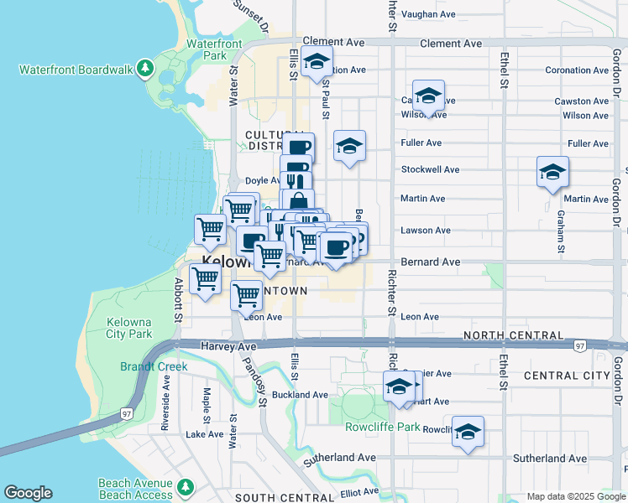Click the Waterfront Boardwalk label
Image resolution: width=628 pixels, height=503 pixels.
76,70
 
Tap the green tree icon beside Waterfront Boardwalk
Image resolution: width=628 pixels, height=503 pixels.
146,67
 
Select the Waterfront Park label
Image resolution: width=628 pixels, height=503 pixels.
214,49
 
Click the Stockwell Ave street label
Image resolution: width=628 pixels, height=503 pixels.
430,169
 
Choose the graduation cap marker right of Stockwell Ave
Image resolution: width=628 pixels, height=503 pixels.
552,173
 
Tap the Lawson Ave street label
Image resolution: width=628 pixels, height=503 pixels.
426,230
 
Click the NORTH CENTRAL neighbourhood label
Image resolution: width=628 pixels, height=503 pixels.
513,335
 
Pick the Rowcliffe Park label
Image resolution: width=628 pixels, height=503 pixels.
382,427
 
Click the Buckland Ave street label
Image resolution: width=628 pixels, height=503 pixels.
300,394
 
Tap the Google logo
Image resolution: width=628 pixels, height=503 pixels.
28,493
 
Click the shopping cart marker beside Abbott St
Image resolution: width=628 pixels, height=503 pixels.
206,279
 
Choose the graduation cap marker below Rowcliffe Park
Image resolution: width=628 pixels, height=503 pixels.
468,433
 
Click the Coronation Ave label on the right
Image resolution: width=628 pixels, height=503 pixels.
576,70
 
